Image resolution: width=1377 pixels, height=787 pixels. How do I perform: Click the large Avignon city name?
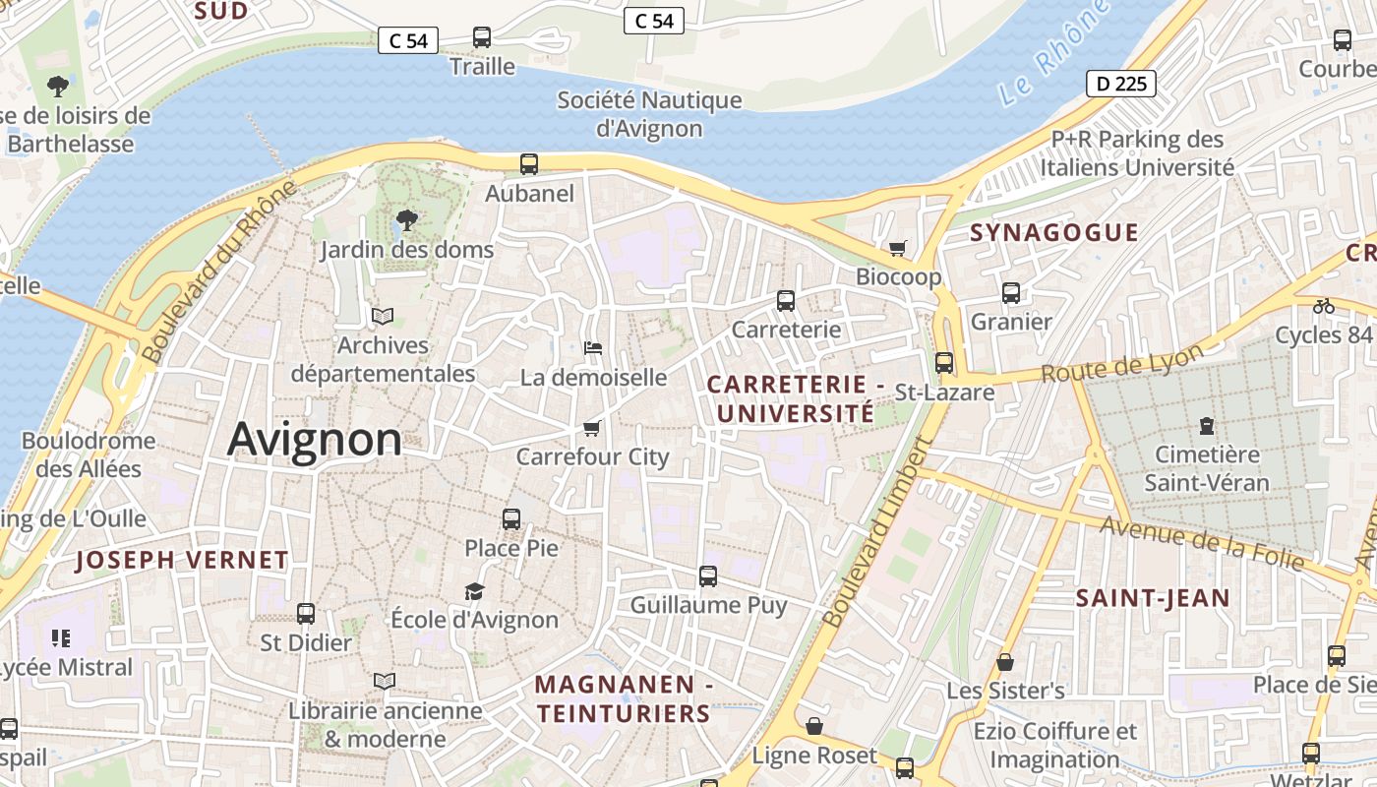coord(315,439)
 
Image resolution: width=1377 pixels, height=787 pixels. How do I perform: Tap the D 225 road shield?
coord(1120,84)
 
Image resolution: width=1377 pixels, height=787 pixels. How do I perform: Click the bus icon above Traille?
coord(482,37)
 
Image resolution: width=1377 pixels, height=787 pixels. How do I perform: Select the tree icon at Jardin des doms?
coord(405,220)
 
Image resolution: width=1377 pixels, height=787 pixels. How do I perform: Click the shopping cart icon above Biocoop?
coord(897,248)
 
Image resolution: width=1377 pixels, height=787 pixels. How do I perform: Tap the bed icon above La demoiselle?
coord(593,348)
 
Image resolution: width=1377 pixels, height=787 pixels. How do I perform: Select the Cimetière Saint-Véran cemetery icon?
coord(1207,426)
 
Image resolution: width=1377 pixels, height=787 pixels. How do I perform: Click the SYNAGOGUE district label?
coord(1053,233)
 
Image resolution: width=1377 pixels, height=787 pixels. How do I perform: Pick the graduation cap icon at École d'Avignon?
coord(475,591)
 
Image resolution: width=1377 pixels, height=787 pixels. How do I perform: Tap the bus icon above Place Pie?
coord(511,519)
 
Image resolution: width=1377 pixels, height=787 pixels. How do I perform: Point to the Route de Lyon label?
coord(1122,364)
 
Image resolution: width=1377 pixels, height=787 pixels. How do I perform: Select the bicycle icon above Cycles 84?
coord(1324,306)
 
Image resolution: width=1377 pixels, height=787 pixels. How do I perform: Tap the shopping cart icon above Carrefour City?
coord(592,428)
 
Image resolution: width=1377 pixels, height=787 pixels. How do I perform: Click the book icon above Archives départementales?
coord(383,317)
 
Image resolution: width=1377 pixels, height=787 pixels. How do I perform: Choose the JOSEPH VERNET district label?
coord(182,561)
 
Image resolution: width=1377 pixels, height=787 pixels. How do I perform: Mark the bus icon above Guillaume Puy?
coord(708,576)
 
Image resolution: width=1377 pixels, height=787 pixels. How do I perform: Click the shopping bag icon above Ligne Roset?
coord(814,727)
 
